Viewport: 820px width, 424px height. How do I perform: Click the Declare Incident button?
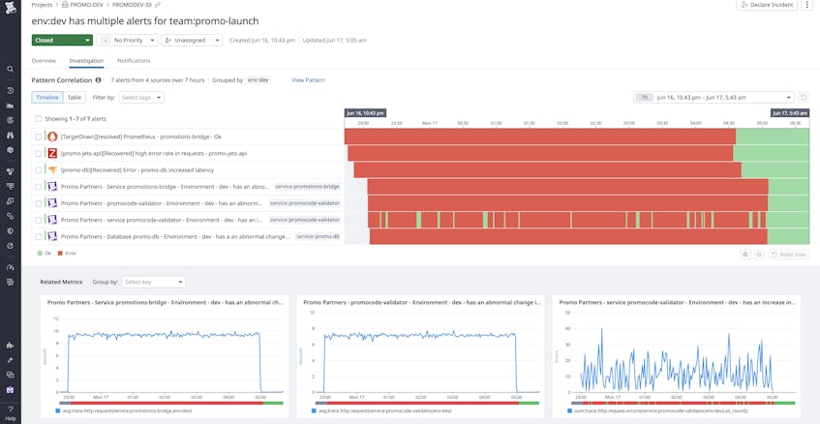point(766,5)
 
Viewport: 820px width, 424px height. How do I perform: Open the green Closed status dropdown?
point(62,41)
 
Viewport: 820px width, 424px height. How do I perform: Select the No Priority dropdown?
point(127,41)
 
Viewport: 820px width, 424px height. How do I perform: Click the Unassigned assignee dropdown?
point(192,41)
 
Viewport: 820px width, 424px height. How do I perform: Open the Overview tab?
point(44,61)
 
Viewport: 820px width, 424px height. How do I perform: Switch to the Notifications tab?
point(134,61)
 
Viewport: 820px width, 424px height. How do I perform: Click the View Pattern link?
point(308,80)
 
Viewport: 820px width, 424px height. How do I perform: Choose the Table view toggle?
point(75,98)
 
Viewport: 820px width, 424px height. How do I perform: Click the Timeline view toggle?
point(47,98)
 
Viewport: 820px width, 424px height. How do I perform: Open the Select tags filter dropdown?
point(141,98)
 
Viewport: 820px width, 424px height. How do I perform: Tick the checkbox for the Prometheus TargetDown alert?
point(39,136)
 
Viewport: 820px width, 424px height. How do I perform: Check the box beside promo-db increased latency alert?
point(39,169)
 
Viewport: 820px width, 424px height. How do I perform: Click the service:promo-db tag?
point(318,236)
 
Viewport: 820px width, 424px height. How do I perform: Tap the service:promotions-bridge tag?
point(306,186)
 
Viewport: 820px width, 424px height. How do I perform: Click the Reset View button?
point(789,254)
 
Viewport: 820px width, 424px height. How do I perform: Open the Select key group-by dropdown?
point(153,282)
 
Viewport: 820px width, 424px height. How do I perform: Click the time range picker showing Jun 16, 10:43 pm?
point(721,98)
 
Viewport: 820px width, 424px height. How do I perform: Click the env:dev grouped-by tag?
point(258,80)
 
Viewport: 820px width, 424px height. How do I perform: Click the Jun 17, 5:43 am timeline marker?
point(790,113)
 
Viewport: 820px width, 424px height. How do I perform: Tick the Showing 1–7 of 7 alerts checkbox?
point(39,118)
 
